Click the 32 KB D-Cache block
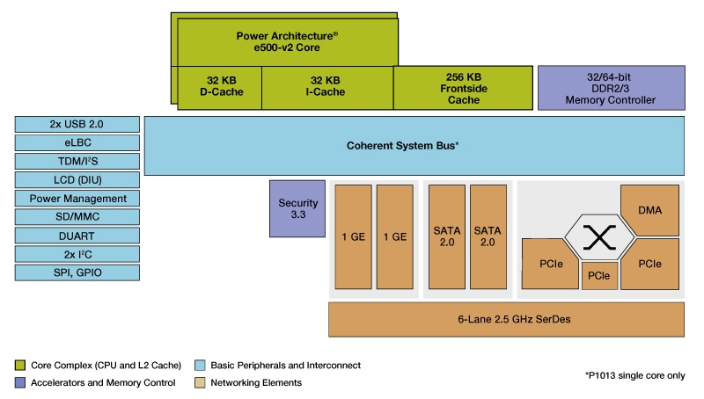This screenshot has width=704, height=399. pyautogui.click(x=220, y=86)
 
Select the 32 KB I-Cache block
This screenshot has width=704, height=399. pyautogui.click(x=326, y=86)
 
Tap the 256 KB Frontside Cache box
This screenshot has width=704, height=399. pyautogui.click(x=463, y=86)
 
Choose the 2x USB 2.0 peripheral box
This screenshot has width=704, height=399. pyautogui.click(x=77, y=124)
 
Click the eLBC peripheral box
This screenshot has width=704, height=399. pyautogui.click(x=77, y=142)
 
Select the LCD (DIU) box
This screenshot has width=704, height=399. pyautogui.click(x=77, y=180)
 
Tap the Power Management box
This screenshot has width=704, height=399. pyautogui.click(x=77, y=199)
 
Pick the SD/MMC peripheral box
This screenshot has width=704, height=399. pyautogui.click(x=77, y=217)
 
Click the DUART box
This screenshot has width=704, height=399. pyautogui.click(x=77, y=236)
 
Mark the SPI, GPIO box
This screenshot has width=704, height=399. pyautogui.click(x=77, y=272)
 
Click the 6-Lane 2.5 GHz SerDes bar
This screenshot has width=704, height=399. pyautogui.click(x=507, y=319)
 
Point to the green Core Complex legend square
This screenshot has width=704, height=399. pyautogui.click(x=20, y=365)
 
